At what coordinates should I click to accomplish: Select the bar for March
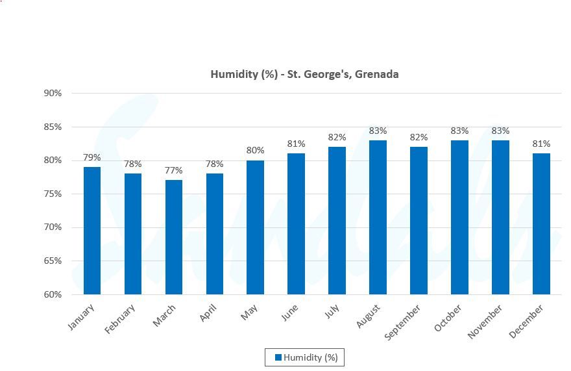tap(174, 237)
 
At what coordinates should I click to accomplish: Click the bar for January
tap(92, 231)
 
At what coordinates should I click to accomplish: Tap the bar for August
tap(378, 217)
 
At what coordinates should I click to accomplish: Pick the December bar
tap(541, 224)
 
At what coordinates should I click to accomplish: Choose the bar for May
tap(256, 227)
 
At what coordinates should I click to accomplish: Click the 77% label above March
tap(174, 171)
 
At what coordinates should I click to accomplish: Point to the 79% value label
tap(92, 157)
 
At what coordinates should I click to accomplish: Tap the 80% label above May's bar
tap(256, 151)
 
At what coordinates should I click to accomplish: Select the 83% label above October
tap(459, 131)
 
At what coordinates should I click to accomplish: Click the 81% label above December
tap(541, 144)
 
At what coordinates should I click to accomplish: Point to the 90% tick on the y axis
tap(53, 93)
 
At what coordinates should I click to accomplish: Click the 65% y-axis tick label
tap(53, 261)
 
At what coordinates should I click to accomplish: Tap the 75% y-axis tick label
tap(53, 194)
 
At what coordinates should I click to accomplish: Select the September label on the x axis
tap(402, 322)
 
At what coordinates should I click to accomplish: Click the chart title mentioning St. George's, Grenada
tap(304, 74)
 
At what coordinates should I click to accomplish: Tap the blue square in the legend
tap(278, 357)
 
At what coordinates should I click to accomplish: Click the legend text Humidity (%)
tap(311, 357)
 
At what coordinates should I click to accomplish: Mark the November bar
tap(500, 217)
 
